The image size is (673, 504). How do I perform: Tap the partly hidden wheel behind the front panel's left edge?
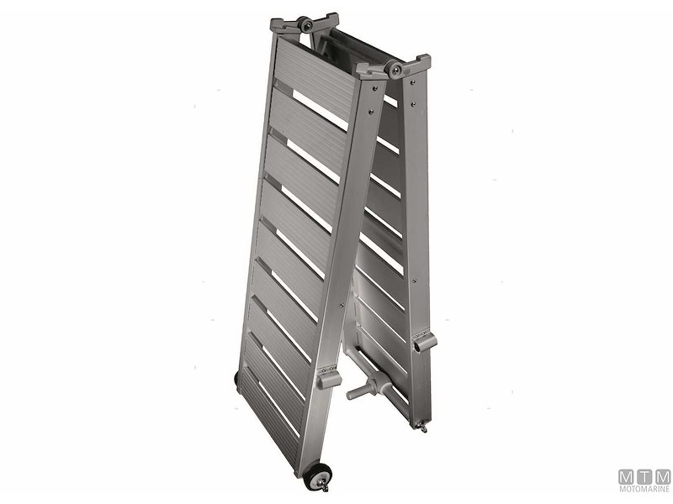click(x=236, y=381)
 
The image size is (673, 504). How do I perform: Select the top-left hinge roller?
click(x=305, y=25)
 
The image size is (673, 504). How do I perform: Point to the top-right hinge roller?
click(x=395, y=69)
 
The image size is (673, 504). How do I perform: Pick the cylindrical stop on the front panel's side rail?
click(x=329, y=379)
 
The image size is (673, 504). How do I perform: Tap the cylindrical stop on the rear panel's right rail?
click(x=425, y=342)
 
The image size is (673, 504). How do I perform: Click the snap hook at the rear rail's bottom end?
click(x=423, y=427)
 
